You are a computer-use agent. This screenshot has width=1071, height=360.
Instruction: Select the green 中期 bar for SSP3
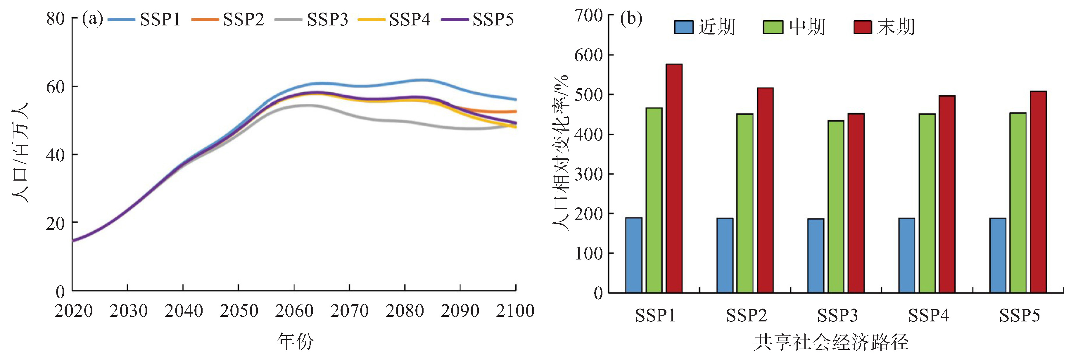coord(836,207)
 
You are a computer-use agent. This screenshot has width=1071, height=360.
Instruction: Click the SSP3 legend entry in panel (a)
coord(312,20)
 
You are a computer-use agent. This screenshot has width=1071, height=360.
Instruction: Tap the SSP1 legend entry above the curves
coord(144,20)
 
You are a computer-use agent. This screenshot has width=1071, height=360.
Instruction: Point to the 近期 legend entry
coord(705,27)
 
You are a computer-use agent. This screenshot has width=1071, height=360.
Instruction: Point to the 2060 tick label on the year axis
coord(294,311)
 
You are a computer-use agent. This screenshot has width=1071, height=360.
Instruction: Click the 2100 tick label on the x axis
coord(515,311)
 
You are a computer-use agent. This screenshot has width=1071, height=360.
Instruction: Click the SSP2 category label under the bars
coord(746,316)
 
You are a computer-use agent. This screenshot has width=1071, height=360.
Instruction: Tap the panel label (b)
coord(631,19)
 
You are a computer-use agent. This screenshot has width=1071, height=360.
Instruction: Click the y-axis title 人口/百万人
coord(20,153)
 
